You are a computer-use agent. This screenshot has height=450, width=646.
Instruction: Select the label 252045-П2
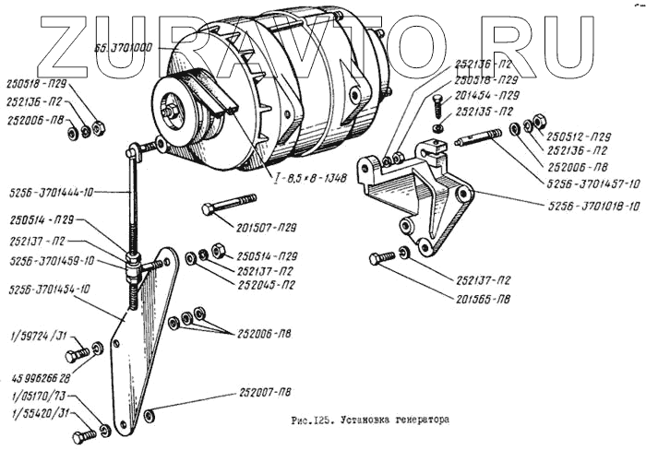(267, 286)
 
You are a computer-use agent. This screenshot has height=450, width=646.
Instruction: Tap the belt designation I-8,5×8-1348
(308, 177)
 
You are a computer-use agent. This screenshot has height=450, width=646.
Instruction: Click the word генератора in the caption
(411, 418)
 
